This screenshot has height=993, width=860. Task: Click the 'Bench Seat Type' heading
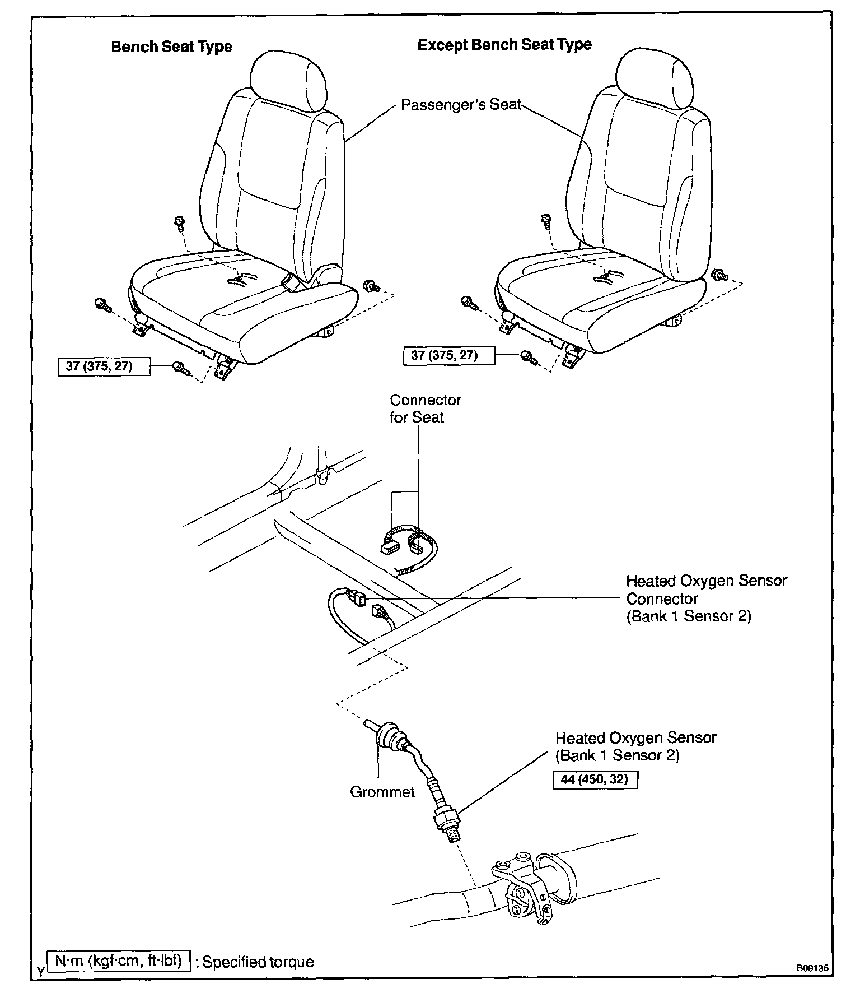click(171, 47)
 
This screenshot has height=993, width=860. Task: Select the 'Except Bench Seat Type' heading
click(504, 45)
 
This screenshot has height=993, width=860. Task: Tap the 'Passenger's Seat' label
click(461, 105)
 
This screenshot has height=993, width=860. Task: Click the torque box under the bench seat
click(104, 366)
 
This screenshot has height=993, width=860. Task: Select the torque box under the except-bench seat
click(448, 355)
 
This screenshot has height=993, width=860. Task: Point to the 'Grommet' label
click(382, 792)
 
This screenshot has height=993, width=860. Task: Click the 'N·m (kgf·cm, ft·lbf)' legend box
click(119, 961)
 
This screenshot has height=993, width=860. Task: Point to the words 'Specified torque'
click(258, 962)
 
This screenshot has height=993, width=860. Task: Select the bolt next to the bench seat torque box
click(180, 367)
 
